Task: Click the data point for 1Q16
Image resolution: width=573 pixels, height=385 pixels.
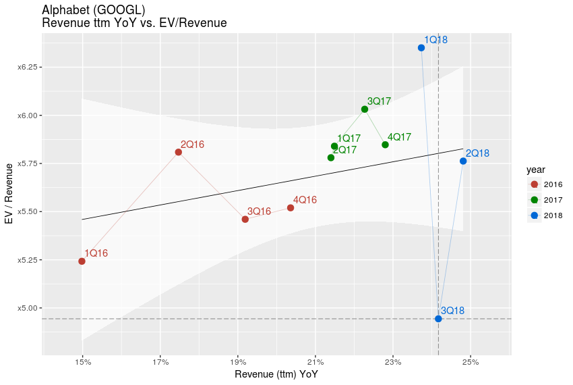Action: pos(82,261)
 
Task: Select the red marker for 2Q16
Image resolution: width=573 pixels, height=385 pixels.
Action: pos(179,152)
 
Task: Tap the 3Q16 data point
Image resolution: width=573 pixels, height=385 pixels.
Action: pos(245,219)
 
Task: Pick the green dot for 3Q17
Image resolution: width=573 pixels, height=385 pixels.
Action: pos(365,109)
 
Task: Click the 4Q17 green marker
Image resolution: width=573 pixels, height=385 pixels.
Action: pos(385,145)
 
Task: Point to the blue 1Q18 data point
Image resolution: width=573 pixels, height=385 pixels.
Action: pos(421,48)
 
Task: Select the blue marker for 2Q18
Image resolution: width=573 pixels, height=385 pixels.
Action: pos(463,161)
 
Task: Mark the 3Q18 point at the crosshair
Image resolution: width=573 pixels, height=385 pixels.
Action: pos(438,319)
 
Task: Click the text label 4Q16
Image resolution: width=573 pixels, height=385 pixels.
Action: pos(305,200)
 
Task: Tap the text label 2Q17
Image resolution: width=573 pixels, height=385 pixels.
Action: pos(344,150)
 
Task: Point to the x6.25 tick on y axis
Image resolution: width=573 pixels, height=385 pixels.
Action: pos(26,68)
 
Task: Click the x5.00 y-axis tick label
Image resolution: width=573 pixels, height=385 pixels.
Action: pos(26,308)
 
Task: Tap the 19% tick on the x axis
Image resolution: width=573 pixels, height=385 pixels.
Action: pos(238,363)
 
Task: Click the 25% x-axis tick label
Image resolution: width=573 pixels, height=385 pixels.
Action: pos(471,363)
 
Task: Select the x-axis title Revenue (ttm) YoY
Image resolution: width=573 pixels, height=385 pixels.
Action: pos(276,374)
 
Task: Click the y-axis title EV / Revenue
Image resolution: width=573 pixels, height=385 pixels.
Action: pos(9,192)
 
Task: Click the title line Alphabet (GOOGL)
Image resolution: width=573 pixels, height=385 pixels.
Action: pos(93,10)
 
